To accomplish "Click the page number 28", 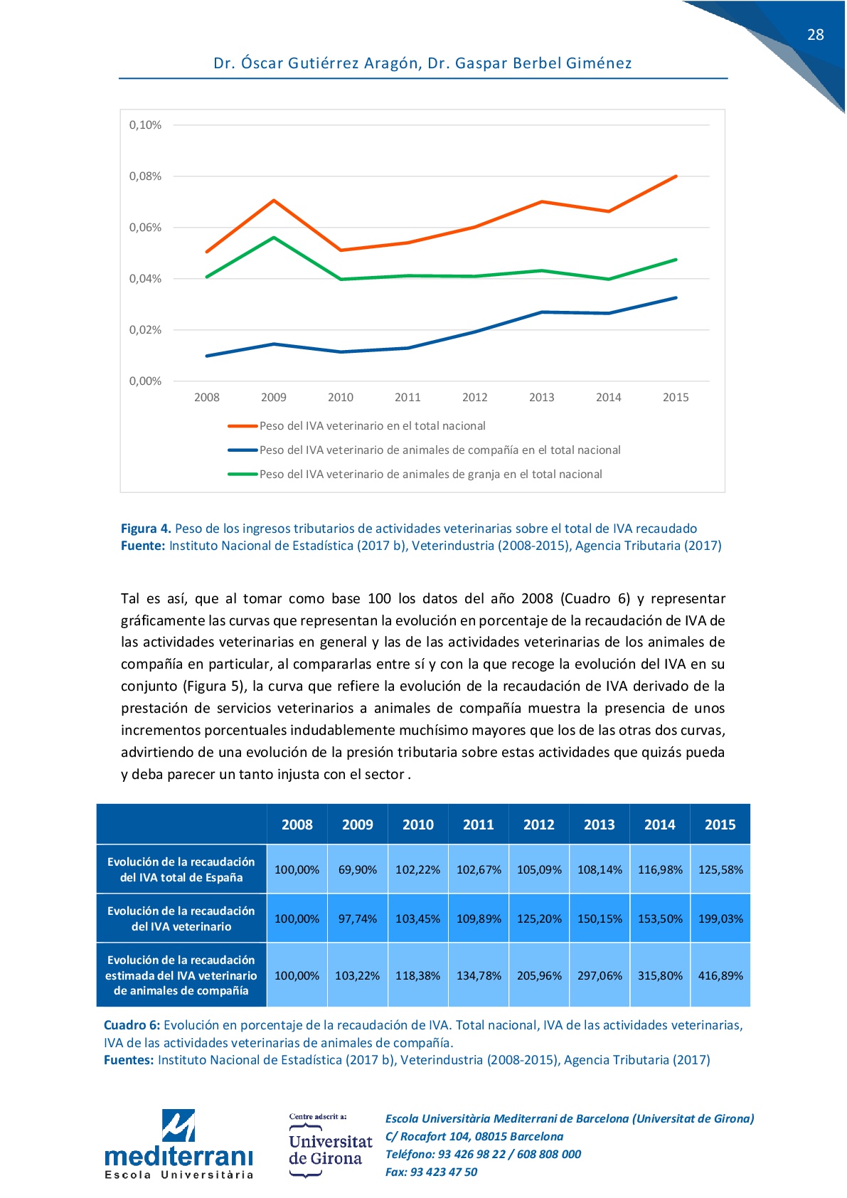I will [815, 35].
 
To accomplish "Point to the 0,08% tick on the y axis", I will [145, 176].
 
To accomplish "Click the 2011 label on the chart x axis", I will [407, 398].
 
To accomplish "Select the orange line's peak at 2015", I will [676, 176].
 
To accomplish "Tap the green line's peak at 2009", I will [274, 238].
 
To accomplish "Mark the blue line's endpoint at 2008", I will [207, 356].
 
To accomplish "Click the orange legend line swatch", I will [242, 426].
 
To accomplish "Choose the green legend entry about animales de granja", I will [430, 475].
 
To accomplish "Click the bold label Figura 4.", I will [146, 529].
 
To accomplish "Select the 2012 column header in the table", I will [538, 825].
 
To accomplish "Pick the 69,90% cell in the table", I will [357, 869].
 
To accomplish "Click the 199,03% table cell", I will [720, 918].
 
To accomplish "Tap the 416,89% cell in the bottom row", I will [720, 975].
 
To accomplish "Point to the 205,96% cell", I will [539, 975].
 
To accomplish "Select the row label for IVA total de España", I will [181, 869].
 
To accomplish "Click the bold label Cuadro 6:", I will [132, 1025].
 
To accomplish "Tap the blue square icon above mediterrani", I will [179, 1125].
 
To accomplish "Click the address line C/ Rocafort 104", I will [474, 1136].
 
